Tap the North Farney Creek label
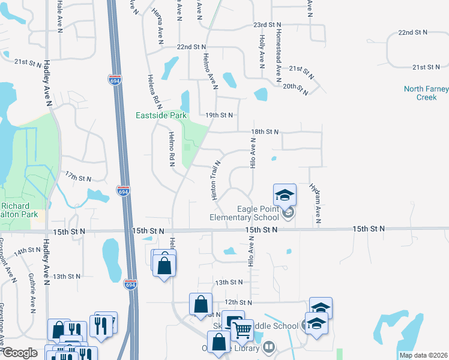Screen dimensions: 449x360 [426, 93]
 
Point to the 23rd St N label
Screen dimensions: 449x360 [267, 25]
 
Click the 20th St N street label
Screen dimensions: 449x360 [295, 87]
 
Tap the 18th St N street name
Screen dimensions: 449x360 [265, 131]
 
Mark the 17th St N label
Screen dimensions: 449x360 [78, 178]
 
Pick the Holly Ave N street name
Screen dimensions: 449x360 [262, 51]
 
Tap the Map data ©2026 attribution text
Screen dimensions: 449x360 [424, 355]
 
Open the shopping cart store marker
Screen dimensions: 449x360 [241, 329]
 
